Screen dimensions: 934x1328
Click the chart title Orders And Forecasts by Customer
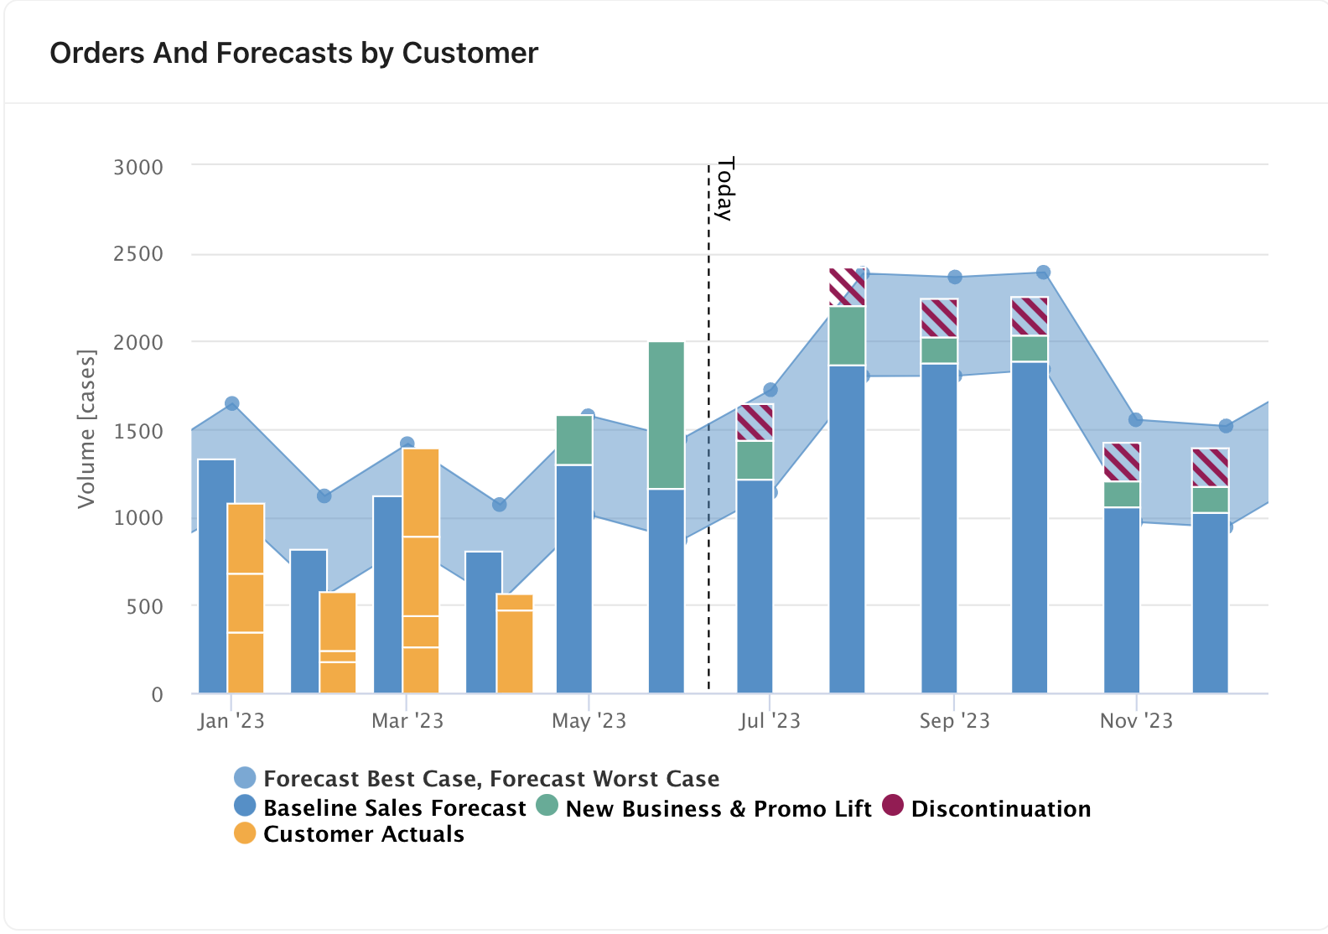tap(293, 53)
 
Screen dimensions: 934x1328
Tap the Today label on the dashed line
tap(724, 189)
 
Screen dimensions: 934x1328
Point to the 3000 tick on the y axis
tap(138, 167)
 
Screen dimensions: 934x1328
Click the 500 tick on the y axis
tap(144, 606)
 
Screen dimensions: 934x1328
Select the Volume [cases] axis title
tap(86, 428)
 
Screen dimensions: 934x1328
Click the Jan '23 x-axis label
tap(231, 721)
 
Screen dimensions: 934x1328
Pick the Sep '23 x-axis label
tap(954, 721)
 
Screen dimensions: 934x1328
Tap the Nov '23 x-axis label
tap(1136, 721)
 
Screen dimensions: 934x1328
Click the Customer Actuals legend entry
tap(363, 834)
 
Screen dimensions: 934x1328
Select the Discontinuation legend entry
tap(1000, 809)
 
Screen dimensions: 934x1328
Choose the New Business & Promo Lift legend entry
tap(718, 809)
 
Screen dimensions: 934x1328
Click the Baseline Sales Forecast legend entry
tap(394, 808)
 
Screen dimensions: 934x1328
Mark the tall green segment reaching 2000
tap(667, 415)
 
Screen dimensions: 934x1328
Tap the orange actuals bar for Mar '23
tap(421, 570)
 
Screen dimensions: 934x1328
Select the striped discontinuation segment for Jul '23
tap(755, 423)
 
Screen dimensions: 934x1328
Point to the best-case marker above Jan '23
tap(232, 403)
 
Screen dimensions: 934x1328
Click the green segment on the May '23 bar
tap(574, 440)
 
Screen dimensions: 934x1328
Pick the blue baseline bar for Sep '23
tap(939, 528)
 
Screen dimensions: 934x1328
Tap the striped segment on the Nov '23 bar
tap(1122, 462)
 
